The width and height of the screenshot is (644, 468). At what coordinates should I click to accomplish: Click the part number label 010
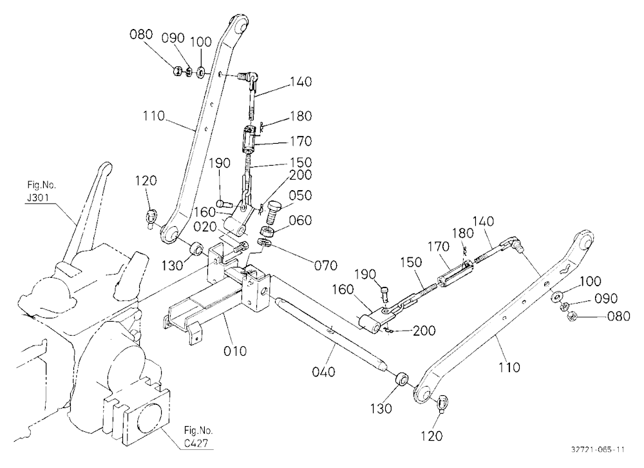click(235, 351)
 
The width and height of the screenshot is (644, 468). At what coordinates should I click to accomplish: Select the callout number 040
click(324, 372)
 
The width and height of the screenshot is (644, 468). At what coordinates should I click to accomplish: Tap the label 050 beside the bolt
click(300, 195)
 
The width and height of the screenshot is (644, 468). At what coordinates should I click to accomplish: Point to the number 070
click(326, 265)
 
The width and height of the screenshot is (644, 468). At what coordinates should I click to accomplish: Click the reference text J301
click(38, 197)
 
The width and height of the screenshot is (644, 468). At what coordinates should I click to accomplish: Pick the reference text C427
click(196, 444)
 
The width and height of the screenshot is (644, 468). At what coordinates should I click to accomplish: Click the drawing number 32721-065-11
click(598, 449)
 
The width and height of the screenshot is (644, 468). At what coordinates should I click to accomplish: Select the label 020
click(205, 226)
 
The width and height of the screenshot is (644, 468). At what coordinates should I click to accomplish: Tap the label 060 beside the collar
click(300, 220)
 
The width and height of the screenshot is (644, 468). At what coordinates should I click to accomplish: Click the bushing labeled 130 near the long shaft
click(402, 379)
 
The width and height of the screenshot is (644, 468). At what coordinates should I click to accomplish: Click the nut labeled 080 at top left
click(176, 71)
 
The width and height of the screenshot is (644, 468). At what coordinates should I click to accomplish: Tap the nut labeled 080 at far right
click(570, 317)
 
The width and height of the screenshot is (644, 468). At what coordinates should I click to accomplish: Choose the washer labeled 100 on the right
click(557, 296)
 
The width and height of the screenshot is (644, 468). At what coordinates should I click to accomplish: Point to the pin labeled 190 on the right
click(384, 295)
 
